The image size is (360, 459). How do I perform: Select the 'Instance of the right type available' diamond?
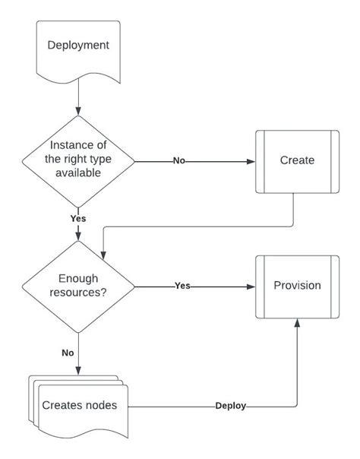(x=78, y=160)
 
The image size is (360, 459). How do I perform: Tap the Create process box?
(x=297, y=160)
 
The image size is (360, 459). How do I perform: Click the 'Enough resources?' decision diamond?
(x=78, y=286)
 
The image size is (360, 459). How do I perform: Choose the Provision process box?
(x=297, y=286)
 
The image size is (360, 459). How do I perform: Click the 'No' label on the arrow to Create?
(x=179, y=161)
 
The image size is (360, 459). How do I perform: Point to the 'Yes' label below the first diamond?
(x=78, y=218)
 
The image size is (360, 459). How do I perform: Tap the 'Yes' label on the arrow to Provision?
(x=182, y=286)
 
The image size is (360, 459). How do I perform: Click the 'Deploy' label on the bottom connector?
(x=230, y=406)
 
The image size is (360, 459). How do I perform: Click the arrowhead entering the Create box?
(x=251, y=161)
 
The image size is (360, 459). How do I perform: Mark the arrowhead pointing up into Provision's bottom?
(x=297, y=324)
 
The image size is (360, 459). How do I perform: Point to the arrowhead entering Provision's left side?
(x=251, y=286)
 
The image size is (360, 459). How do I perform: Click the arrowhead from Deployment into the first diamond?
(x=78, y=111)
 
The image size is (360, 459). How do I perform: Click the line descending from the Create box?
(x=293, y=209)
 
